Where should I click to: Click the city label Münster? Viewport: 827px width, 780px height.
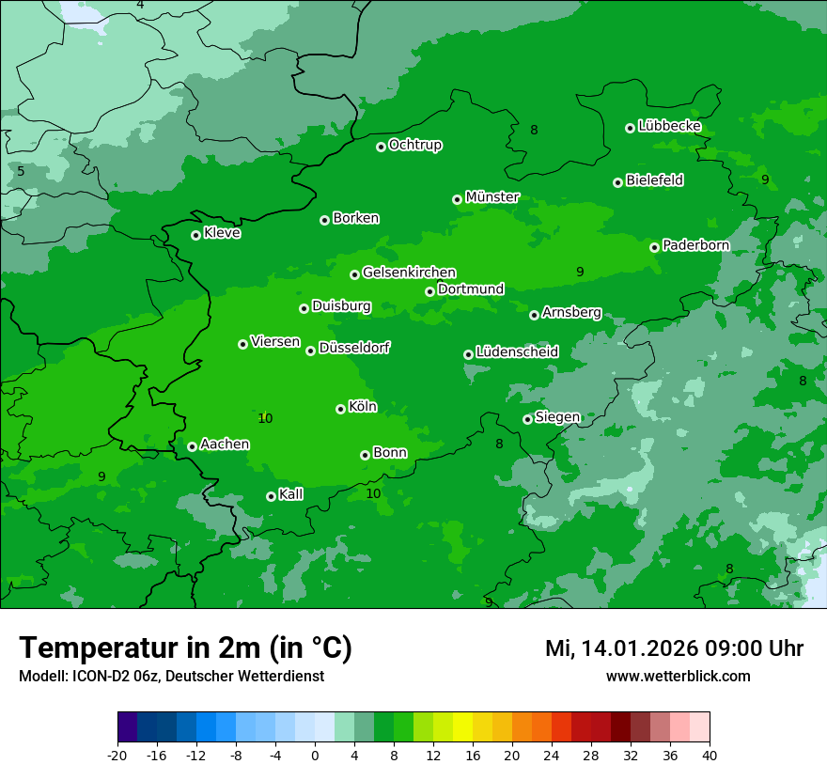click(492, 197)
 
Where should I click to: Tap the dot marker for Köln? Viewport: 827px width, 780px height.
click(340, 409)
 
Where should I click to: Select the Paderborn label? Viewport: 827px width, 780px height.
click(695, 245)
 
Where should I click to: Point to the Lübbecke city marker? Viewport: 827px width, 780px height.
click(630, 128)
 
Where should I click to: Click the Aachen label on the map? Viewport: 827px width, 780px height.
click(225, 444)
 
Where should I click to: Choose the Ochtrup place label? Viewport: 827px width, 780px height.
click(415, 145)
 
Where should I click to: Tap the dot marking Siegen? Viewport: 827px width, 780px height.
click(527, 419)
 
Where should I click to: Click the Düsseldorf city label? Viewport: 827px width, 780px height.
click(354, 348)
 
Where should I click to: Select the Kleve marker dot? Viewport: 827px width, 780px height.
click(195, 235)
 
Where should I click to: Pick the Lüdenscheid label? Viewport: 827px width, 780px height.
click(517, 351)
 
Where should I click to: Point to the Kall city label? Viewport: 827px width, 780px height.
click(291, 493)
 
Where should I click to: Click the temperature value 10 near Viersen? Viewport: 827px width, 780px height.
click(265, 418)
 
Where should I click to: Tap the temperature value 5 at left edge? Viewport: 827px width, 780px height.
click(21, 171)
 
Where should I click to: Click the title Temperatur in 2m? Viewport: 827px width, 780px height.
click(185, 647)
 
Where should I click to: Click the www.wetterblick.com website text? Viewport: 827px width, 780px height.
click(678, 676)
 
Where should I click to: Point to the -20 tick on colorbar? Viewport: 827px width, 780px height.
click(117, 755)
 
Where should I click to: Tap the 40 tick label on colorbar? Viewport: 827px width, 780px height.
click(710, 755)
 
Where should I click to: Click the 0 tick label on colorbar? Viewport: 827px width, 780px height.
click(315, 755)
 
